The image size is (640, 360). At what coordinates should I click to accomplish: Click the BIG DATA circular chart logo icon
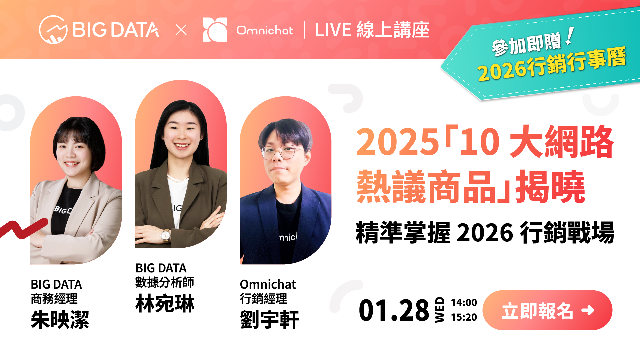pos(53,30)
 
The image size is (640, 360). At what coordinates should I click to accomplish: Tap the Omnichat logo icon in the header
pos(215,30)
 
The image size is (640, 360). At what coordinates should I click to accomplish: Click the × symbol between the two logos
pos(181,30)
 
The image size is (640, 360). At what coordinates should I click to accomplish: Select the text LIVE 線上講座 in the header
pos(372,30)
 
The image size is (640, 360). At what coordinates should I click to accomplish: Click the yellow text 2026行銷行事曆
pos(552,64)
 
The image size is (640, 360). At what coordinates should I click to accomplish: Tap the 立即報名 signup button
pos(547,310)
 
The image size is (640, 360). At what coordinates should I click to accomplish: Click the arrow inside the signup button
pos(588,310)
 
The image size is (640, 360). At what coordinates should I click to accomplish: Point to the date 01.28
pos(394,310)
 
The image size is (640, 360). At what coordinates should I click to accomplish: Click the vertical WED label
pos(440,310)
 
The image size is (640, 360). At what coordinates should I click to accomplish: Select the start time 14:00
pos(464,302)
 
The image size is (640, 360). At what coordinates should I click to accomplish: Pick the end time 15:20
pos(464,317)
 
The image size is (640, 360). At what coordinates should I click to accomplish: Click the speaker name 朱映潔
pos(60,320)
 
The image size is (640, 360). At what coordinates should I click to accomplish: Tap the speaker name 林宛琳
pos(165,303)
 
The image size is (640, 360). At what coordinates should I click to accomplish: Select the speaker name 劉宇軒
pos(269,320)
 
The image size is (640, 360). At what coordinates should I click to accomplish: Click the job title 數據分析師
pos(165,282)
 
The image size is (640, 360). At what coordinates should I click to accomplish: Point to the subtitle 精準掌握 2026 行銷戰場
pos(485,232)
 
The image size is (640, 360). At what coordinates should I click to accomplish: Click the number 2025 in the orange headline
pos(397,142)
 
